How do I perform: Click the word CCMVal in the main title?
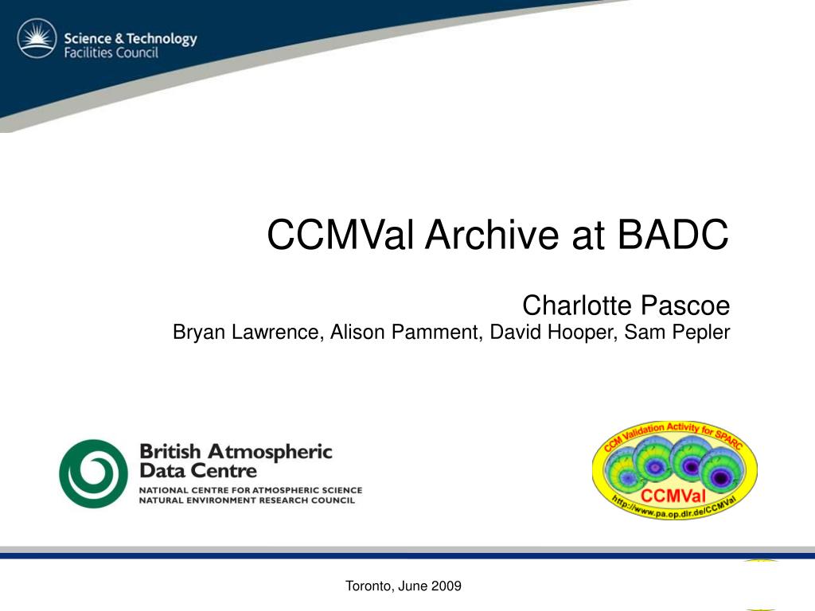pyautogui.click(x=340, y=235)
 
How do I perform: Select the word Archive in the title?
pyautogui.click(x=492, y=235)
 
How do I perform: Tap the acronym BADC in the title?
pyautogui.click(x=673, y=235)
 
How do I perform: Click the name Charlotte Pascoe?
pyautogui.click(x=626, y=305)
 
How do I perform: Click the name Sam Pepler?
pyautogui.click(x=677, y=332)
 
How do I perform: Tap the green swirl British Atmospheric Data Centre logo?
pyautogui.click(x=94, y=473)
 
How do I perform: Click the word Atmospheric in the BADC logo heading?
pyautogui.click(x=270, y=452)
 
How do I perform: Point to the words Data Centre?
pyautogui.click(x=198, y=471)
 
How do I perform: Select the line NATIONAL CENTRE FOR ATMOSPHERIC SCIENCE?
pyautogui.click(x=251, y=490)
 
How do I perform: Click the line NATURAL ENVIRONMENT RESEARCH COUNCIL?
pyautogui.click(x=247, y=500)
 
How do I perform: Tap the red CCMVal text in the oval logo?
pyautogui.click(x=673, y=495)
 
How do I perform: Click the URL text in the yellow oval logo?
pyautogui.click(x=673, y=508)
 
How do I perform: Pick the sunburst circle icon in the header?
pyautogui.click(x=37, y=38)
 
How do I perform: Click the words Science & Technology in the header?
pyautogui.click(x=131, y=38)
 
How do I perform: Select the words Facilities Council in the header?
pyautogui.click(x=111, y=53)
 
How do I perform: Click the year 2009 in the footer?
pyautogui.click(x=446, y=586)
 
